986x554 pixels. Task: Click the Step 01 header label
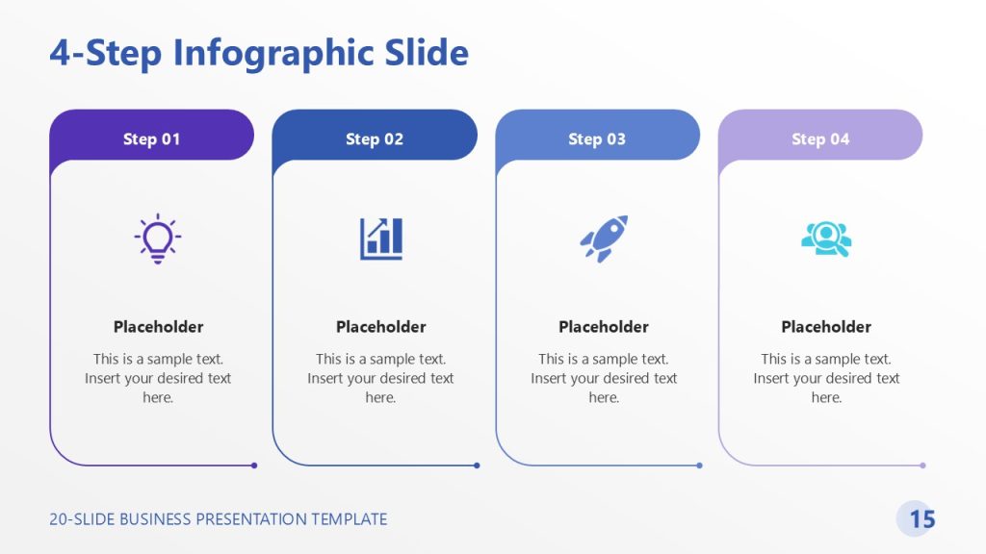click(151, 139)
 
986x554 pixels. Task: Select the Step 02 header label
click(375, 139)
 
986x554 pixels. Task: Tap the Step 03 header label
click(597, 139)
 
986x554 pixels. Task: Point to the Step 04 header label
click(820, 139)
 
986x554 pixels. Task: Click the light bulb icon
click(158, 239)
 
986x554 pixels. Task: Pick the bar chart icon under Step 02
click(381, 239)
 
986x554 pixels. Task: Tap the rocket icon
click(604, 238)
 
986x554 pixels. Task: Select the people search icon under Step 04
click(826, 239)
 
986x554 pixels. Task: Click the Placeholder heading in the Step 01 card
click(158, 327)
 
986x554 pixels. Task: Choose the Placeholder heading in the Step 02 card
click(380, 327)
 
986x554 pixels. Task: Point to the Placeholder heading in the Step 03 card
click(604, 327)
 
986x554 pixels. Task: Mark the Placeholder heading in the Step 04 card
click(826, 327)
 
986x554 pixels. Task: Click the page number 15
click(921, 519)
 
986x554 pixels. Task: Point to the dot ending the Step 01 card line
click(254, 466)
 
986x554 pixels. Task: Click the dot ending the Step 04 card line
click(922, 466)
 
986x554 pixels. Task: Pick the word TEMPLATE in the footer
click(349, 519)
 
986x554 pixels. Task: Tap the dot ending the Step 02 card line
click(477, 466)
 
